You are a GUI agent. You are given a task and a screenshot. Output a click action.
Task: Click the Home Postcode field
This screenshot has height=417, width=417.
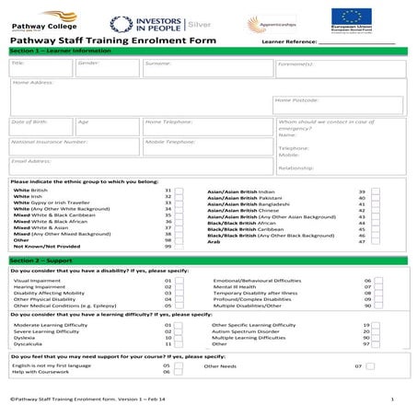[337, 105]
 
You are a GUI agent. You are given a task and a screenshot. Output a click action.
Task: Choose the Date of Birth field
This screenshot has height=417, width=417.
[41, 127]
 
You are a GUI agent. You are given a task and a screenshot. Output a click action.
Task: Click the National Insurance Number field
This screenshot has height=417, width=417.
[74, 147]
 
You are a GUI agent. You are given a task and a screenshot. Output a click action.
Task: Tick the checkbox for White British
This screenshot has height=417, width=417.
[180, 190]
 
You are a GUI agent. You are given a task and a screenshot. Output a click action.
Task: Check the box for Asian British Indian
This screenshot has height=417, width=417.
[376, 191]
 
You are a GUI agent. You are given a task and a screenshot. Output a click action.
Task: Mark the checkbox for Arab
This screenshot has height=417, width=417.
[376, 241]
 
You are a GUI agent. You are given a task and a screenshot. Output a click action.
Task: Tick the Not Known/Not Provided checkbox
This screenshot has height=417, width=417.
[180, 247]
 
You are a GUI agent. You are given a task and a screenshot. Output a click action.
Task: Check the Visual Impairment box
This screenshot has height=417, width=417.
[180, 280]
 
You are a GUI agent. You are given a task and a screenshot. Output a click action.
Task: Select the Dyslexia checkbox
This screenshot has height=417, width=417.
[180, 338]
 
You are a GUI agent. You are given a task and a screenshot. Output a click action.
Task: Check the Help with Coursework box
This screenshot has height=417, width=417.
[180, 372]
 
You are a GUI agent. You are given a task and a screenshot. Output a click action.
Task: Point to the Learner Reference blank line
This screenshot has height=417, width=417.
[368, 42]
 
